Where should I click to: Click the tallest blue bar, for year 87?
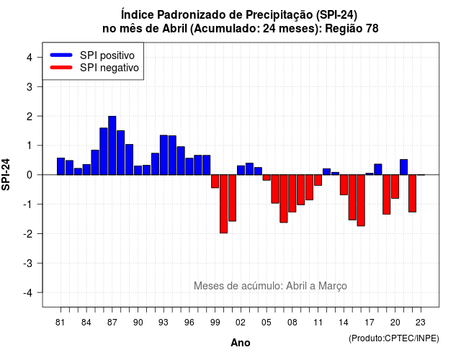112,145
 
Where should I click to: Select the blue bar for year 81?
61,166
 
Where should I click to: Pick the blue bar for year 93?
164,155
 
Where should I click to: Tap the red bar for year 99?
215,181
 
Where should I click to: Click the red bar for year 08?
292,194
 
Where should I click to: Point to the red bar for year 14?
344,185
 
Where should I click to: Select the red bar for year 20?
395,186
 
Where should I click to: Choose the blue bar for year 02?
241,170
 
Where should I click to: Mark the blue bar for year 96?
189,166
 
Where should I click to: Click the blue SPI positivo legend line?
61,55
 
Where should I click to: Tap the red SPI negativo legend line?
61,68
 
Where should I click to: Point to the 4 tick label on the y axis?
30,58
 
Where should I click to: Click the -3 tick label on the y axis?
27,263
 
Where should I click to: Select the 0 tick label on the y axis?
30,175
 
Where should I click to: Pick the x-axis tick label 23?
421,323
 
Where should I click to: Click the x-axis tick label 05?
266,323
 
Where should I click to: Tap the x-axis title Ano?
241,343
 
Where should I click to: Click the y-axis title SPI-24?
6,174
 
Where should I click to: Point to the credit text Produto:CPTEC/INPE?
394,338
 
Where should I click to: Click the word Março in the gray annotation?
333,286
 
